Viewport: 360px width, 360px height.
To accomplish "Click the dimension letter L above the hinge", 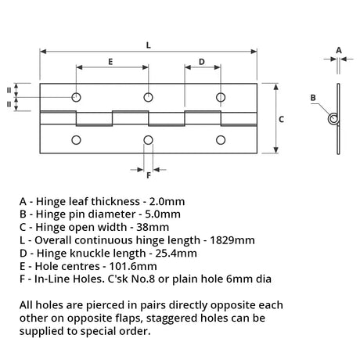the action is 149,45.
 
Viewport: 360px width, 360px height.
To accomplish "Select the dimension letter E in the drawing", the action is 110,62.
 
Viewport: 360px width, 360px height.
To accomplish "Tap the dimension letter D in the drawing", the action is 202,62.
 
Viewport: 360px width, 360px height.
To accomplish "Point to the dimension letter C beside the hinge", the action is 281,119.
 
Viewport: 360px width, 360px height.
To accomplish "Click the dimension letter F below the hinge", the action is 149,175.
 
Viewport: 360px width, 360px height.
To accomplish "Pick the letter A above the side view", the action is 339,50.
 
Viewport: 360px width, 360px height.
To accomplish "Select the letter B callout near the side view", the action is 313,98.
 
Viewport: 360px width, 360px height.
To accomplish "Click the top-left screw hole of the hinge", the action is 76,97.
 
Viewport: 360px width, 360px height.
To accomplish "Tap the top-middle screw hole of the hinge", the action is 148,97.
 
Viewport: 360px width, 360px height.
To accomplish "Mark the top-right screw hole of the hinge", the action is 221,97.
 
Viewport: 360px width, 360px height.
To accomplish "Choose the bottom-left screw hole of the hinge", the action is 76,140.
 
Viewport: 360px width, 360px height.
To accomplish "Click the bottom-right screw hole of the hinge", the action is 221,140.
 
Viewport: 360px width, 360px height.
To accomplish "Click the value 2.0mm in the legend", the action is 167,201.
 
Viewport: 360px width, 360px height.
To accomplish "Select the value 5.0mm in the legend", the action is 163,214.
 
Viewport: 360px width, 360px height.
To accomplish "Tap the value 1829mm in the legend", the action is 232,240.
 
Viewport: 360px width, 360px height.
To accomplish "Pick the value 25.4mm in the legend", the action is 176,254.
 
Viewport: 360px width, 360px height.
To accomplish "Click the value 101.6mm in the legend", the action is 133,266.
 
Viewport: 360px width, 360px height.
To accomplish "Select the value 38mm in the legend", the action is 153,227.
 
